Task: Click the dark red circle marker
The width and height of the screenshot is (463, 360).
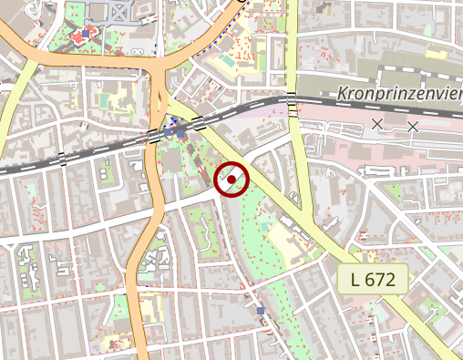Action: pos(231,179)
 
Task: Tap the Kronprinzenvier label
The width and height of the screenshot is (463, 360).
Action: pos(398,93)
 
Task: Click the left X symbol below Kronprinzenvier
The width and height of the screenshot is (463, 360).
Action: pos(377,123)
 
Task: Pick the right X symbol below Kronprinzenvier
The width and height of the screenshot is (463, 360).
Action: pos(412,126)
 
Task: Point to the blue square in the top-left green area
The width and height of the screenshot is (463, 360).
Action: pos(86,34)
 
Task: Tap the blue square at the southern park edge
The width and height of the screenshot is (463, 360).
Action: pos(261,312)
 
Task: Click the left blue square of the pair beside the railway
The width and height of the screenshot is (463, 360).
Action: pos(168,132)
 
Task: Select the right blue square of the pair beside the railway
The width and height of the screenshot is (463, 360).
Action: pos(180,132)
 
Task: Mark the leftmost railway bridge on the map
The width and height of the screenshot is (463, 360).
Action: pos(62,159)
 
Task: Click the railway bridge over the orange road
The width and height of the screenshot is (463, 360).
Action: pos(152,137)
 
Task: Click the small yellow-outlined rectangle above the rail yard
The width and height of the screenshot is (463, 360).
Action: pos(436,54)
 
